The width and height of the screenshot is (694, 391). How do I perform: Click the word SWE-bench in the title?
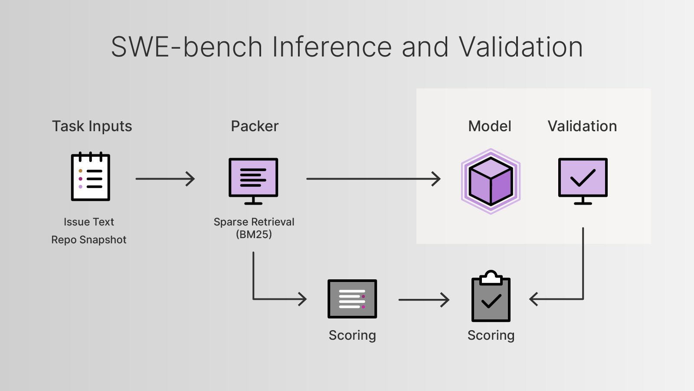click(x=187, y=47)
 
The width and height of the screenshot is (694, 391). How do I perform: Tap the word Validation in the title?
click(x=520, y=47)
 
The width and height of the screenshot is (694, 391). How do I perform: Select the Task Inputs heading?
click(x=92, y=126)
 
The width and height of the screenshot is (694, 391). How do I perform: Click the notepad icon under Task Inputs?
click(x=91, y=177)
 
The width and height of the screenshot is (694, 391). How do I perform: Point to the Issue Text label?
click(x=89, y=222)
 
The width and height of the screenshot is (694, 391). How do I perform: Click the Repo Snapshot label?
click(x=89, y=240)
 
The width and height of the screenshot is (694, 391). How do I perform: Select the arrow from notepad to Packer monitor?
click(x=165, y=179)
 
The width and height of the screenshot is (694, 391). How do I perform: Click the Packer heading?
click(x=255, y=126)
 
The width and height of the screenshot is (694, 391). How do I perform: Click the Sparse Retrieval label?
click(x=254, y=222)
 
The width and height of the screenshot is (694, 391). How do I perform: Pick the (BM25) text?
click(x=254, y=235)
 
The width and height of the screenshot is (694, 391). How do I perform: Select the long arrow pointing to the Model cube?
click(x=373, y=179)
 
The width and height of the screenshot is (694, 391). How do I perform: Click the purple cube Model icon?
click(x=491, y=181)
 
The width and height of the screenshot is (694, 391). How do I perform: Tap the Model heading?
click(x=490, y=126)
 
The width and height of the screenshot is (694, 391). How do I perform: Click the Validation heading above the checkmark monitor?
click(x=582, y=126)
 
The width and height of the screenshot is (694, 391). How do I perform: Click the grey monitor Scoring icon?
click(x=352, y=299)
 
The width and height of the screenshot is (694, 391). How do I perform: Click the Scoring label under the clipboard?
click(x=491, y=335)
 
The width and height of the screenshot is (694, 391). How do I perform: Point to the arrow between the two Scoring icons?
click(x=424, y=299)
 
